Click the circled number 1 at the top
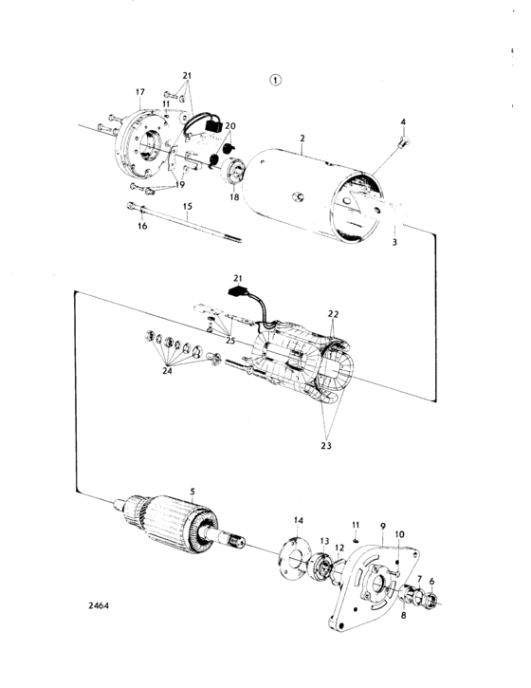[275, 81]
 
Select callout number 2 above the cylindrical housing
[301, 138]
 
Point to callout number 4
[402, 122]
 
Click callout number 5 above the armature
[192, 491]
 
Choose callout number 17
[139, 91]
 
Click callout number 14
[298, 521]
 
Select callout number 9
[383, 525]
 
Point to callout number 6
[433, 581]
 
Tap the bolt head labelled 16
[129, 210]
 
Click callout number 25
[231, 339]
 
